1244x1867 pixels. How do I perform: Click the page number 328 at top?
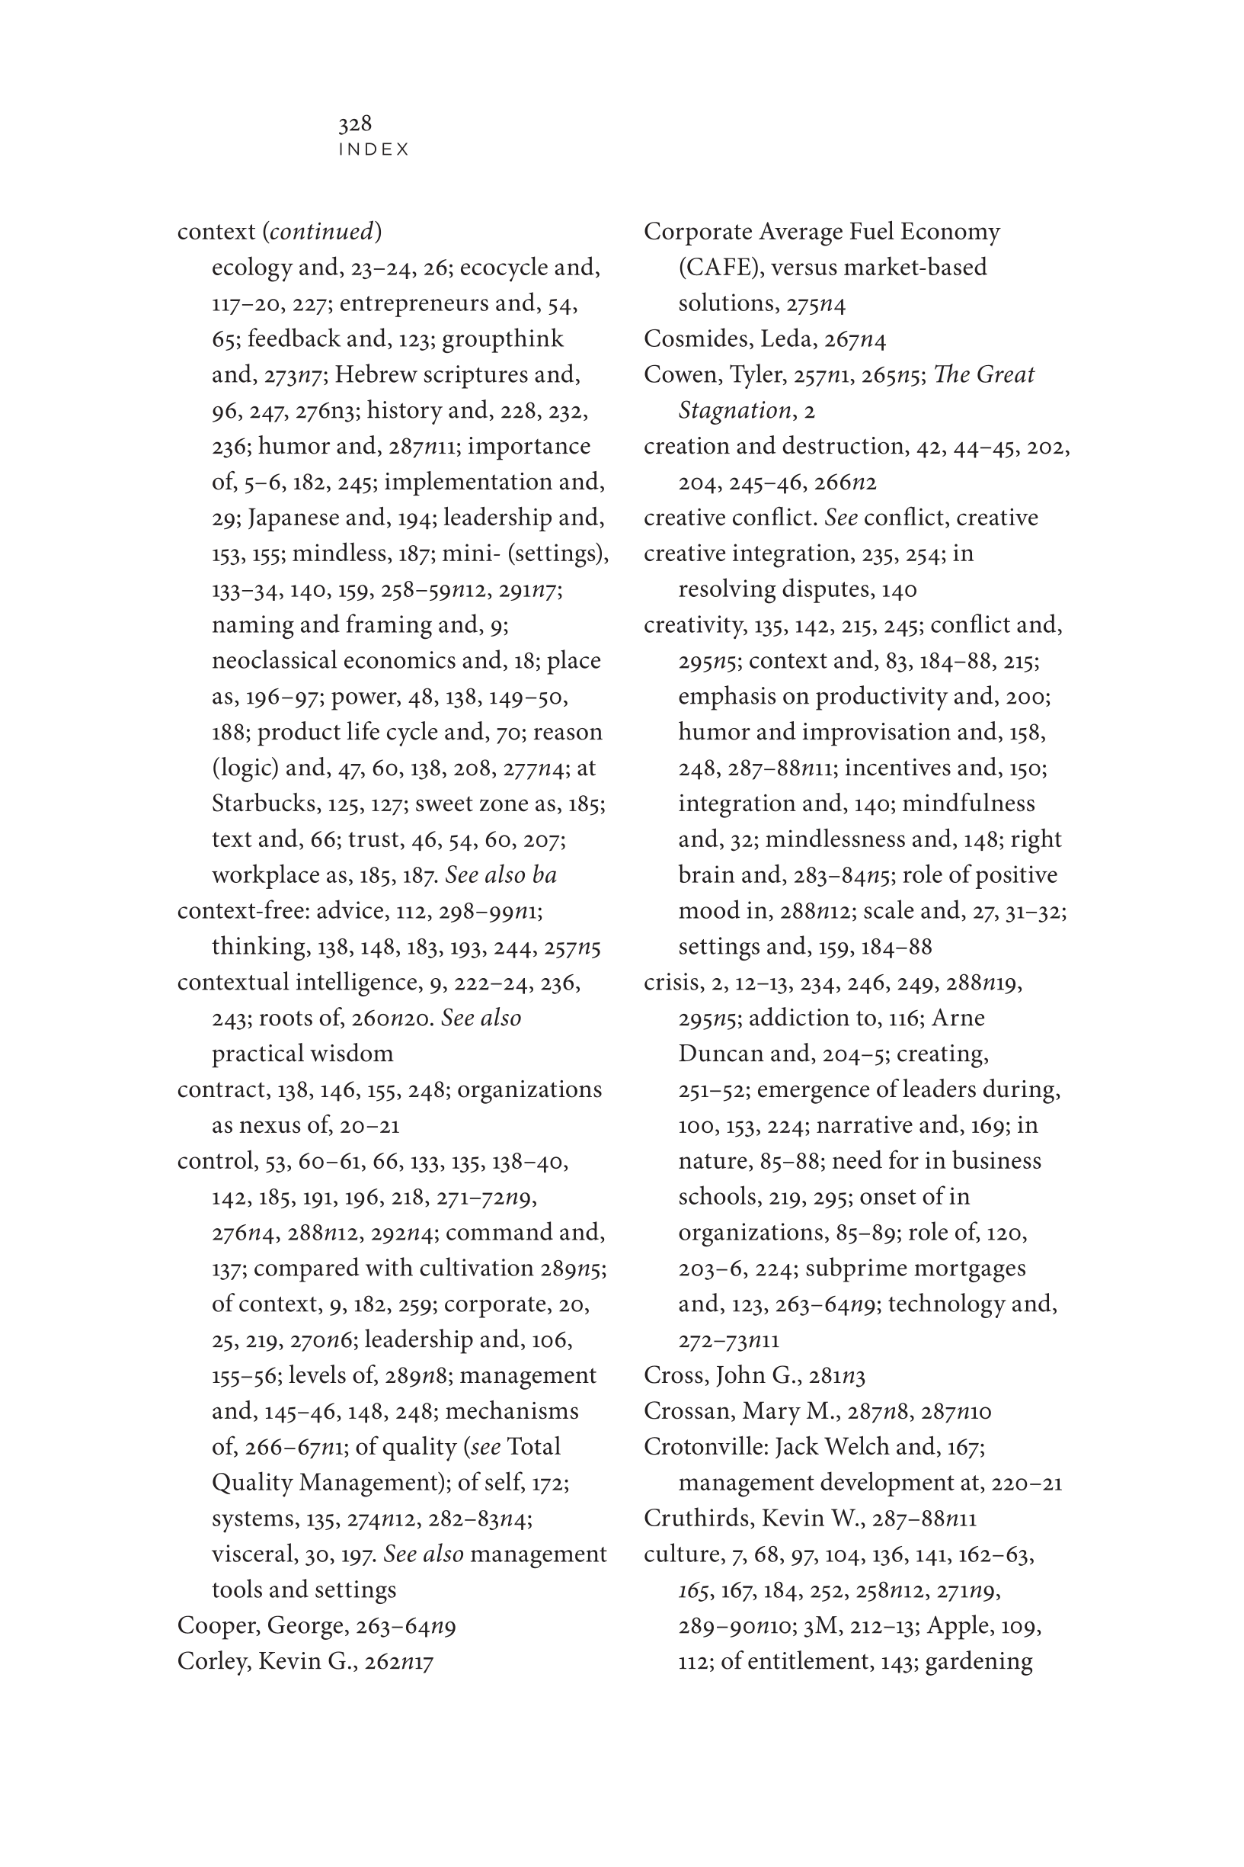355,124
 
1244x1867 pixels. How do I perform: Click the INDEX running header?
374,150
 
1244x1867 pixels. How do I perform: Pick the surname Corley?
213,1661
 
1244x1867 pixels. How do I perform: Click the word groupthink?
502,339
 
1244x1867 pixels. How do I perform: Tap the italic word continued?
321,232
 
